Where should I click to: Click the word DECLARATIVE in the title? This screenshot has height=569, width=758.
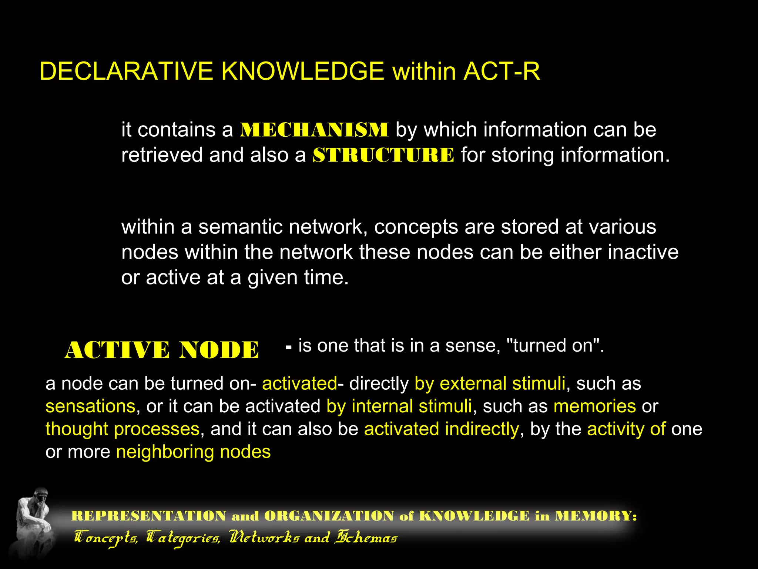(126, 71)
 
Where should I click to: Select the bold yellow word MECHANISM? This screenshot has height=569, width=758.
(314, 130)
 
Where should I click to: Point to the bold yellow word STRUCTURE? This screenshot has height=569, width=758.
(383, 155)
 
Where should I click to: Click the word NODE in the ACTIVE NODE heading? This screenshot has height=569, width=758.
(219, 350)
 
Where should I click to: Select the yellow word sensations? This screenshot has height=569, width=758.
(90, 406)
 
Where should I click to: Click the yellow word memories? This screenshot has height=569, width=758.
(594, 406)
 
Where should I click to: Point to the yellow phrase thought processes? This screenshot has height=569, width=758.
(123, 429)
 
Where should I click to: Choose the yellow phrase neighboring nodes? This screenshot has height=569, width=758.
(193, 452)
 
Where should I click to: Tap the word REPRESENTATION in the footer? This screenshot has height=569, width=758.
(148, 516)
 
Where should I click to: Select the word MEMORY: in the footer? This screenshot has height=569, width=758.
(596, 516)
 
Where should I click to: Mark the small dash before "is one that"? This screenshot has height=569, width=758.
(289, 348)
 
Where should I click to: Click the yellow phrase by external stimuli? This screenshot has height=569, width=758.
(490, 384)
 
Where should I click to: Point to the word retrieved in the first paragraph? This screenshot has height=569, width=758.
(162, 155)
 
